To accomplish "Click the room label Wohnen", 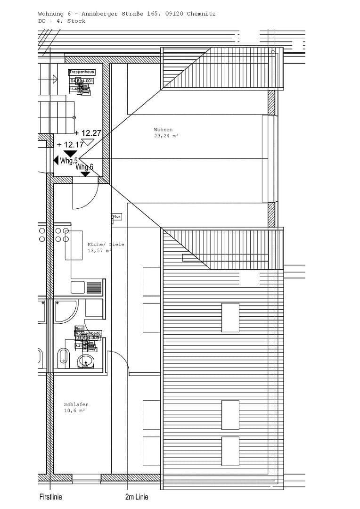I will (163, 130).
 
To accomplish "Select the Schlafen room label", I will (76, 404).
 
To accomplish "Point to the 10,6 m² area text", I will (74, 411).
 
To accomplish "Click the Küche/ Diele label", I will (106, 245).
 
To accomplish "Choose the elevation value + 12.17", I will (69, 145).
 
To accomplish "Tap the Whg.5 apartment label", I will (69, 161).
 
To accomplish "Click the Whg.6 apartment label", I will (85, 167).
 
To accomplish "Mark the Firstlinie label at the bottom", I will (50, 497).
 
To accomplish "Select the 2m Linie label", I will (137, 497).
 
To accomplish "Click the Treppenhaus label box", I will (82, 72).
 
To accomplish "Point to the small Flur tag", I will (116, 217).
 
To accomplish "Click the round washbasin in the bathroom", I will (85, 361).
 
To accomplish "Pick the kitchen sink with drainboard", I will (86, 287).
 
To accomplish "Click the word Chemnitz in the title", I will (201, 14).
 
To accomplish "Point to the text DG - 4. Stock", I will (62, 21).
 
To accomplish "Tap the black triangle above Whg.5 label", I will (71, 153).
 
